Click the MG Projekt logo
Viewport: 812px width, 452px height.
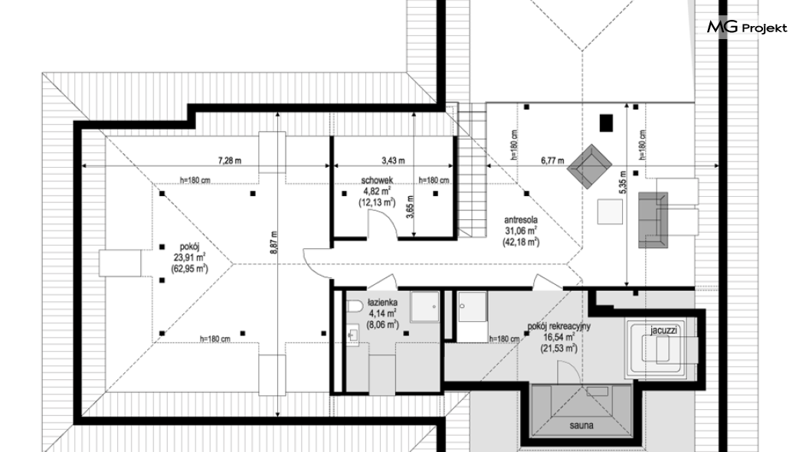[x=747, y=28]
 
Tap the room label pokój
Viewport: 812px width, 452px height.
[x=189, y=247]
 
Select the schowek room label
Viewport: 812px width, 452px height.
[x=377, y=180]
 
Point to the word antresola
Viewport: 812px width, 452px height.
[x=520, y=220]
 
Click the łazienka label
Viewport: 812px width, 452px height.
[x=383, y=302]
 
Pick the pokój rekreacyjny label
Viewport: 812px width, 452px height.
[x=558, y=326]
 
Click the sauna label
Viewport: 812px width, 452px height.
[x=581, y=426]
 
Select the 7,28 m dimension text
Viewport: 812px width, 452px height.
[x=229, y=161]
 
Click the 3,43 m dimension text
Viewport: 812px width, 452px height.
[x=393, y=161]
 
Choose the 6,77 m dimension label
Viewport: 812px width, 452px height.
[x=552, y=161]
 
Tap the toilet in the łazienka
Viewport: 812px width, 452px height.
[x=354, y=307]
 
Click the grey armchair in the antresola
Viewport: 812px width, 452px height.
[x=589, y=167]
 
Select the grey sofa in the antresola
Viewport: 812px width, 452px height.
[x=653, y=220]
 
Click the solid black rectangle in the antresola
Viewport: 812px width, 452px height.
[x=606, y=123]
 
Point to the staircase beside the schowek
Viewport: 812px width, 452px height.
[x=471, y=169]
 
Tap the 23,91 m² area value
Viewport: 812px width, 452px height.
[x=189, y=257]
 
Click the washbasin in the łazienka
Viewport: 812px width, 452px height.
[x=353, y=335]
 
